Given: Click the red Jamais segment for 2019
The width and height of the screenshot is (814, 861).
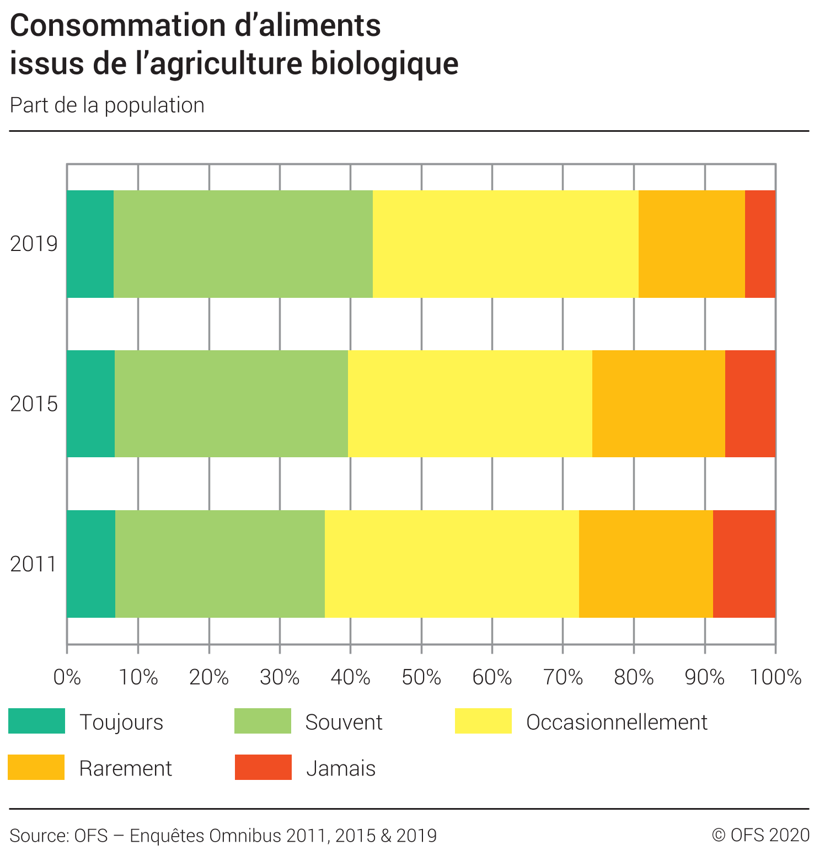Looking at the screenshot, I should coord(760,244).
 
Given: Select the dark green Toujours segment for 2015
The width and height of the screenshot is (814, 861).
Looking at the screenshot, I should coord(90,404).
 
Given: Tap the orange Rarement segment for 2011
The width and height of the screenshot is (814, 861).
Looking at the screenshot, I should coord(646,564).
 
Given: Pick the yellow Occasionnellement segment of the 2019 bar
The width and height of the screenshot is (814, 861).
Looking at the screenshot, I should coord(505,244).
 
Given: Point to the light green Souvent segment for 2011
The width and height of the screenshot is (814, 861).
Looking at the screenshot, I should coord(220,564).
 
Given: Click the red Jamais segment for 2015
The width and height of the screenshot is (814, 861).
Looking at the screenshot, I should coord(750,404).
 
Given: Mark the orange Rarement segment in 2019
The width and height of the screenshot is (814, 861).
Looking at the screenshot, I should coord(692,244).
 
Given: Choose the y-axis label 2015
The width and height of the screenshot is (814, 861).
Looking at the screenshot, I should coord(34,404).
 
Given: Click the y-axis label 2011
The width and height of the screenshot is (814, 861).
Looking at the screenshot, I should coord(34,564).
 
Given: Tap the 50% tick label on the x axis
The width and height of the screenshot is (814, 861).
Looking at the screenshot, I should coord(421,677).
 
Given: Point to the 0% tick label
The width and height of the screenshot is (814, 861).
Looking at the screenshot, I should coord(67,677).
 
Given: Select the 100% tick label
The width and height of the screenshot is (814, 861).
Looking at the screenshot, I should coord(775,677).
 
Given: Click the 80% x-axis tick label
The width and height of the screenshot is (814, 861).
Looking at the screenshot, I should coord(634,677).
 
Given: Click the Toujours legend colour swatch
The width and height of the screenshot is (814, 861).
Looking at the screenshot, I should coord(37,721).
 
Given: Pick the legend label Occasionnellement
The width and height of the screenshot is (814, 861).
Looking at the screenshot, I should coord(617,722).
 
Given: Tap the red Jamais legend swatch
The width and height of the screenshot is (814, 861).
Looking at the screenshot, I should coord(263,767).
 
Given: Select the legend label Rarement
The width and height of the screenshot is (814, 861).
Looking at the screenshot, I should coord(126,768).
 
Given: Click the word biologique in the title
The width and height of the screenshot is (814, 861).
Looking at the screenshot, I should coord(384,63).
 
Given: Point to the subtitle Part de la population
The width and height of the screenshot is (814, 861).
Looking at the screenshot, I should coord(107,105).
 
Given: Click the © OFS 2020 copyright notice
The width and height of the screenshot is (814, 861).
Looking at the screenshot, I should coord(761,835).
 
